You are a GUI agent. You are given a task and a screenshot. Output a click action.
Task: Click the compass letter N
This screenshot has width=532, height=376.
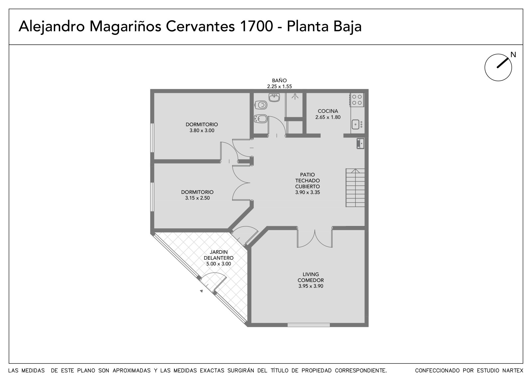click(x=513, y=55)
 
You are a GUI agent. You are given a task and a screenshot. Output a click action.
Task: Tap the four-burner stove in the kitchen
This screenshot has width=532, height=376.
click(x=357, y=100)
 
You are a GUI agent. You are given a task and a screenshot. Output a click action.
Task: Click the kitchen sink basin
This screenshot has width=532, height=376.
click(x=355, y=124)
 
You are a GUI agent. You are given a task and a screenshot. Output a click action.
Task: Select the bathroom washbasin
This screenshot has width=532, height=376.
click(x=274, y=97)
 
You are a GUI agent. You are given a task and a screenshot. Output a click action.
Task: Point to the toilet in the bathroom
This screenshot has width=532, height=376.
click(x=261, y=105)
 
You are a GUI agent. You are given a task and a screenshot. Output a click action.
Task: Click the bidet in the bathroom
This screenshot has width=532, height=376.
click(x=261, y=118)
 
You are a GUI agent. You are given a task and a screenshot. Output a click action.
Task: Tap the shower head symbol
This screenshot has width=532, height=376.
click(x=295, y=96)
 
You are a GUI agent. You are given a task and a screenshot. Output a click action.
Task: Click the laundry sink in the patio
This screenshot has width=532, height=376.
click(x=360, y=144)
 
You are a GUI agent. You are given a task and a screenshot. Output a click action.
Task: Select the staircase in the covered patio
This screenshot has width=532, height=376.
click(x=355, y=188)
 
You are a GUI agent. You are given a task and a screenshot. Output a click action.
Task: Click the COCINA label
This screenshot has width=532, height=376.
click(x=328, y=111)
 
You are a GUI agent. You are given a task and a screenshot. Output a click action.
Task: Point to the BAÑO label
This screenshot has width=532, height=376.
click(x=279, y=80)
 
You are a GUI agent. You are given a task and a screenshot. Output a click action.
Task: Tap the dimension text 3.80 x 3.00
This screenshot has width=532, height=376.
click(x=202, y=130)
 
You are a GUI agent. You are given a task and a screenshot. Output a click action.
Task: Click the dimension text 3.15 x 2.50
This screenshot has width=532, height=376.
click(x=198, y=198)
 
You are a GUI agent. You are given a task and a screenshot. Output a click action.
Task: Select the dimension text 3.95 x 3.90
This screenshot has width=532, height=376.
click(x=311, y=286)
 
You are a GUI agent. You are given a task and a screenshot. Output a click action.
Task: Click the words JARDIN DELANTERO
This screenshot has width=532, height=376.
click(x=218, y=255)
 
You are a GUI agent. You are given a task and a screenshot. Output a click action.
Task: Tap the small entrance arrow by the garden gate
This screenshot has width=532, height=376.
click(x=201, y=291)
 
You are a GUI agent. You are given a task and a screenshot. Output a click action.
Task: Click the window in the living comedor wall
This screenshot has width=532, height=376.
click(x=309, y=325)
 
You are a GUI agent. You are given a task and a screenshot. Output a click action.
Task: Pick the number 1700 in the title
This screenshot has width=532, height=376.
click(x=256, y=26)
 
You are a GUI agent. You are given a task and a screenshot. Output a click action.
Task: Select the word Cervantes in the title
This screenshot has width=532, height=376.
click(x=200, y=26)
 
